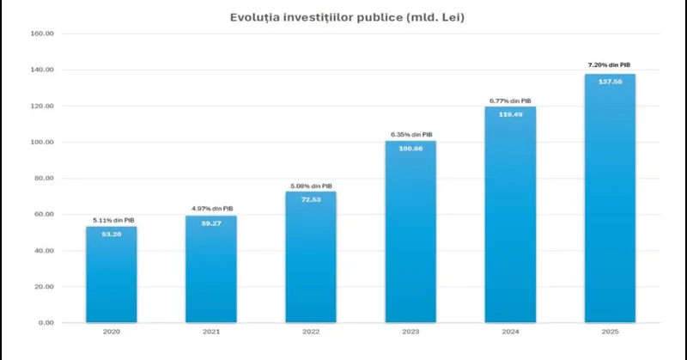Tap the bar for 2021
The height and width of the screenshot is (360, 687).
point(210,271)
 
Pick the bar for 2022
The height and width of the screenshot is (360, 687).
point(310,258)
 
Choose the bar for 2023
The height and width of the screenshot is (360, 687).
point(410,232)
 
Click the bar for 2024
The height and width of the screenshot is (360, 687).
point(510,215)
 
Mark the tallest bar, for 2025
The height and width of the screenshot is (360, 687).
point(610,198)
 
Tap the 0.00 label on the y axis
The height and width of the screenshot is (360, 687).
point(45,323)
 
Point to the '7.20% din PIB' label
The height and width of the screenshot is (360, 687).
point(610,64)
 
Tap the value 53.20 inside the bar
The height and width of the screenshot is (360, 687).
point(111,234)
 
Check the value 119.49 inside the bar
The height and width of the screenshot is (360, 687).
point(510,113)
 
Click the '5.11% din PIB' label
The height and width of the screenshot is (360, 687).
point(111,220)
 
